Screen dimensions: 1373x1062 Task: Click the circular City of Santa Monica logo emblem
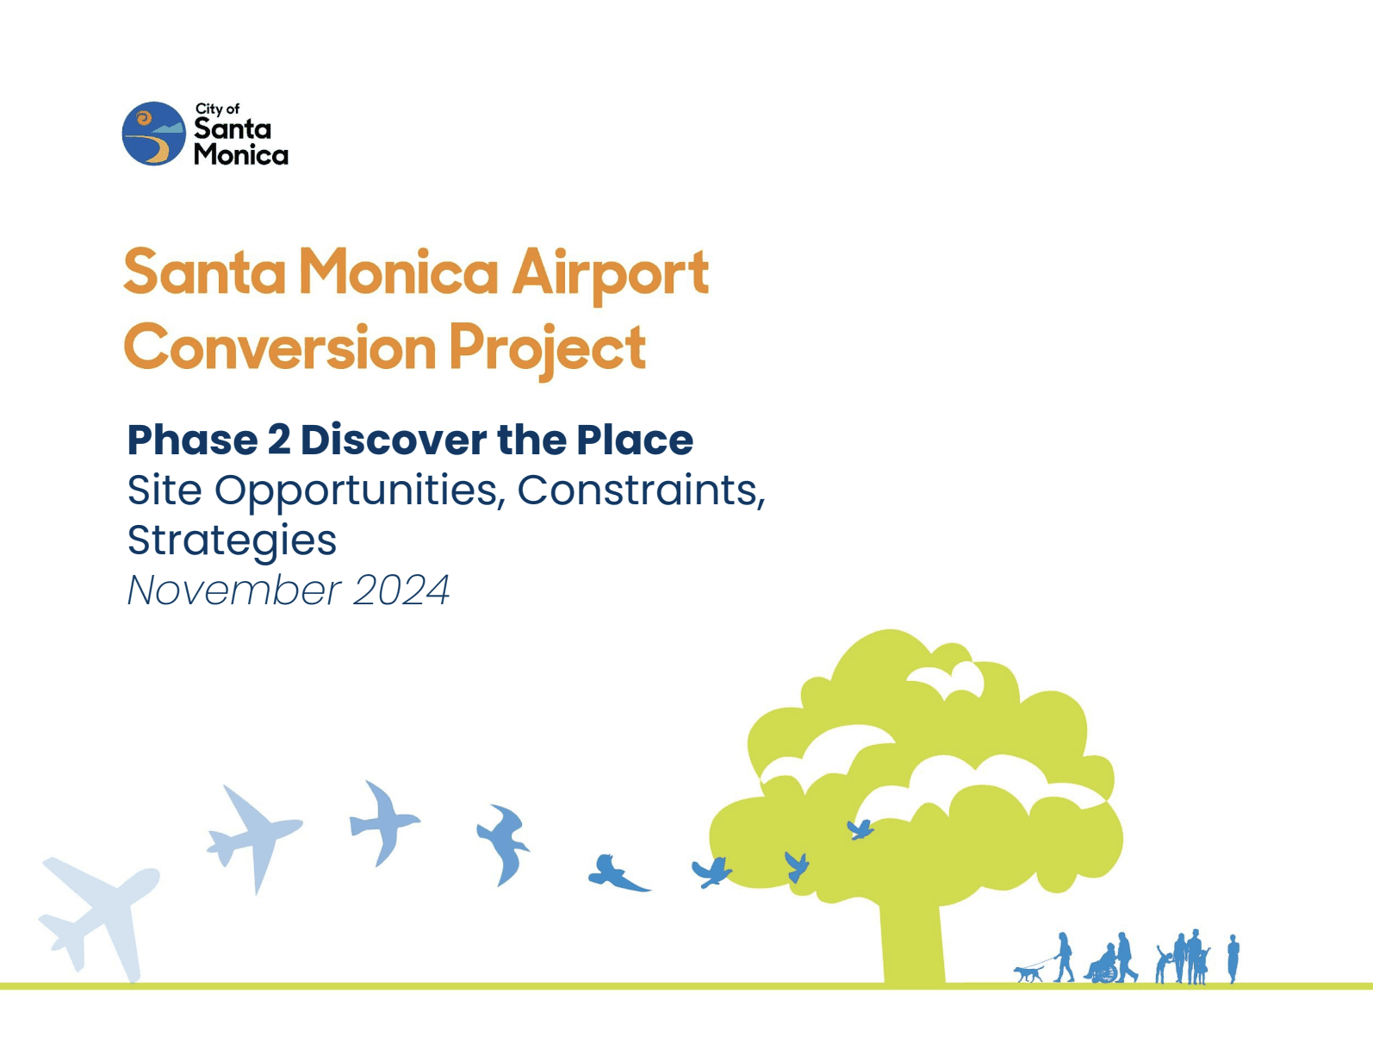click(x=153, y=134)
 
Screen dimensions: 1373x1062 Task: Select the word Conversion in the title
click(x=281, y=347)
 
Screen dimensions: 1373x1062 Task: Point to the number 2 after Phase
click(x=278, y=440)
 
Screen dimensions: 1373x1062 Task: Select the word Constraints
click(x=642, y=491)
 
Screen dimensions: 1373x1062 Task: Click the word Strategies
click(x=232, y=541)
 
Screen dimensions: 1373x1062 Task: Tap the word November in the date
click(x=234, y=590)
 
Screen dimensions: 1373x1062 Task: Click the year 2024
click(x=401, y=590)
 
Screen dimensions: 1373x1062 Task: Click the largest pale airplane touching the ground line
click(x=100, y=918)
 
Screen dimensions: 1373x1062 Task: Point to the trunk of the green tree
click(x=914, y=942)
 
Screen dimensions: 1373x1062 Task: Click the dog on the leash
click(x=1028, y=974)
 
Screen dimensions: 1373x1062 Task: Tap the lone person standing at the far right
click(x=1233, y=959)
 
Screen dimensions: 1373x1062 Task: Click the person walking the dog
click(x=1065, y=957)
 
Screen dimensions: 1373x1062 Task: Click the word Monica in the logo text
click(x=240, y=154)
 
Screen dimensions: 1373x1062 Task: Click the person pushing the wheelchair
click(x=1125, y=957)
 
